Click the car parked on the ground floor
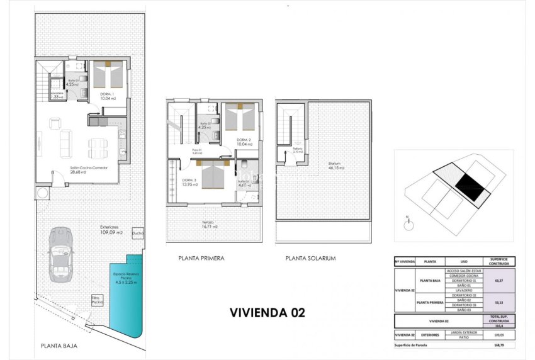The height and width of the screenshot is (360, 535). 60,254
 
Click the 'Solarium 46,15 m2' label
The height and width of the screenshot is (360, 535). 337,167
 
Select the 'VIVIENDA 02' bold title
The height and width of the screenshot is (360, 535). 267,312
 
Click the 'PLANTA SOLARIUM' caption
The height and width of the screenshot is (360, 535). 310,258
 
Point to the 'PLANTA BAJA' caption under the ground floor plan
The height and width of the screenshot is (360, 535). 59,346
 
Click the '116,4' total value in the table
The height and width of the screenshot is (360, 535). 498,325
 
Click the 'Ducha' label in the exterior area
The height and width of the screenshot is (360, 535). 138,233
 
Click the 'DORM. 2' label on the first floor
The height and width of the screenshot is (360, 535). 244,142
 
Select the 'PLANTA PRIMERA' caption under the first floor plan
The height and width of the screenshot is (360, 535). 201,258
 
